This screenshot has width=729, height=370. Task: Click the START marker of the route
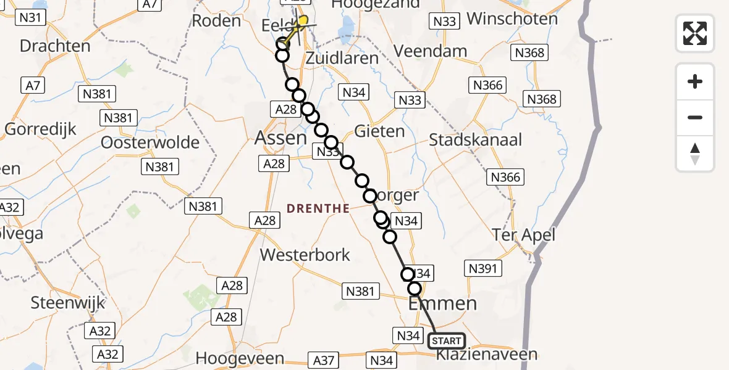pyautogui.click(x=446, y=340)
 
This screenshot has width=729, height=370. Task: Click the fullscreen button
pyautogui.click(x=695, y=33)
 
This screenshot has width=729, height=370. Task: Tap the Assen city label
pyautogui.click(x=280, y=138)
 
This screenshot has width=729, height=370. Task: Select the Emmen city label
pyautogui.click(x=442, y=303)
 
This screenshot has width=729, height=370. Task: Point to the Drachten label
pyautogui.click(x=55, y=46)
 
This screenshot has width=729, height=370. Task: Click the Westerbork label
pyautogui.click(x=305, y=255)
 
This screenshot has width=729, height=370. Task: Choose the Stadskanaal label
pyautogui.click(x=475, y=139)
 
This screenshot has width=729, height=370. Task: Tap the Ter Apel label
pyautogui.click(x=524, y=234)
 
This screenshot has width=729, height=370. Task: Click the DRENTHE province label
pyautogui.click(x=318, y=208)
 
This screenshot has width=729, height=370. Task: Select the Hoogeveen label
pyautogui.click(x=240, y=358)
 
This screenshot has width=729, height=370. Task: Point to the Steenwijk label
pyautogui.click(x=68, y=303)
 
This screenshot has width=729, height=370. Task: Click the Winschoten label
pyautogui.click(x=512, y=18)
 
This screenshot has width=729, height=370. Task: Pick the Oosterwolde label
pyautogui.click(x=151, y=142)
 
